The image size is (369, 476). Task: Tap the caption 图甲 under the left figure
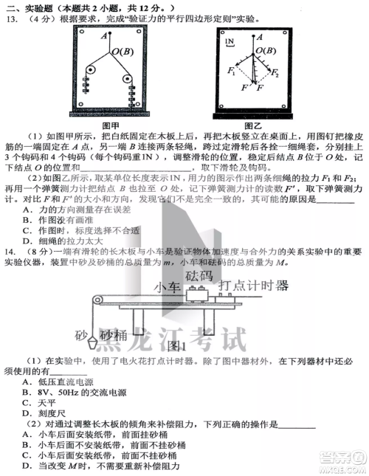tap(111, 125)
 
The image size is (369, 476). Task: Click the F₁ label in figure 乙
tap(232, 72)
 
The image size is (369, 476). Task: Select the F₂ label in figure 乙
tap(275, 74)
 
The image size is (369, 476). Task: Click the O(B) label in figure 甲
tap(122, 50)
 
